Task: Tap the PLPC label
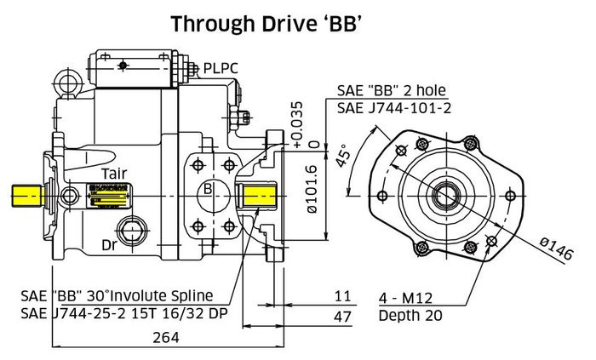click(222, 67)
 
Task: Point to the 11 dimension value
click(342, 296)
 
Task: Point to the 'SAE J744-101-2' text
click(389, 108)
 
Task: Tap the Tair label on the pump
click(115, 174)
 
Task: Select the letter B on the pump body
click(207, 188)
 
